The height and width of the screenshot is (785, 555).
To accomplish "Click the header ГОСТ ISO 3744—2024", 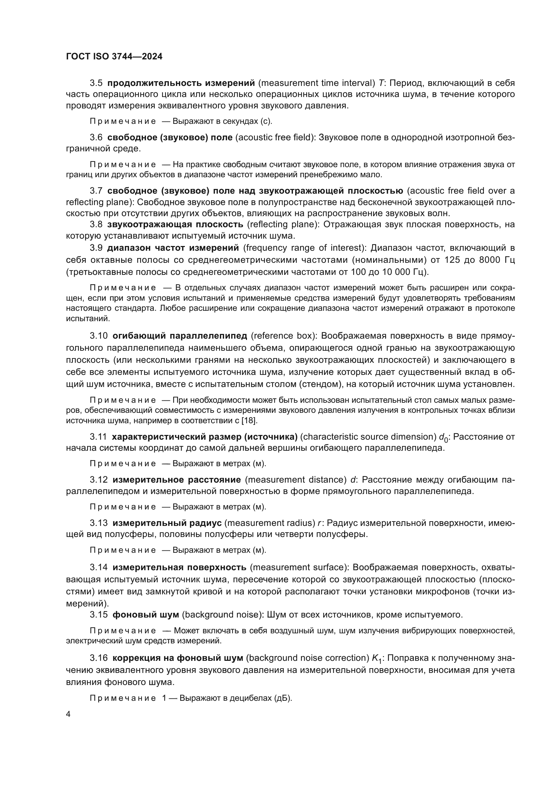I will tap(114, 57).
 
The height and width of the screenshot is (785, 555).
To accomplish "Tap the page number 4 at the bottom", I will tap(68, 715).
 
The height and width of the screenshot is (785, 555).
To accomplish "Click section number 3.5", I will tap(96, 83).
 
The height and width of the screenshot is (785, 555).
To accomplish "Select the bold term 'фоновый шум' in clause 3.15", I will tap(146, 615).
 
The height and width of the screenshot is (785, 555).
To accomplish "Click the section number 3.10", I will tap(98, 336).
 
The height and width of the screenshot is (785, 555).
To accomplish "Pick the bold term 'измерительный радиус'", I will tap(167, 523).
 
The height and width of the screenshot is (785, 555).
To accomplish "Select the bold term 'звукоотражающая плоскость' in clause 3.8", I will tap(175, 224).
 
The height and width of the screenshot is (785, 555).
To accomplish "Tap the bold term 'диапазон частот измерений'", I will tap(173, 248).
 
